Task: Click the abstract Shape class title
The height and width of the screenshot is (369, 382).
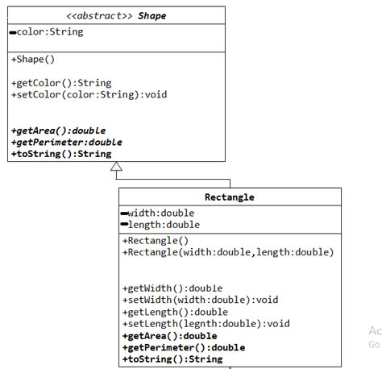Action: [116, 16]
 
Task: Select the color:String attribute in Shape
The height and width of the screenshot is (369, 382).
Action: [50, 32]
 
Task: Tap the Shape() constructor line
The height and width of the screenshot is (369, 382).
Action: [34, 60]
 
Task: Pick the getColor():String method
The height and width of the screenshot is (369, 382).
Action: [61, 82]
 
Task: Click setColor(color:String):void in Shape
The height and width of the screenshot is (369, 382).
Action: [89, 94]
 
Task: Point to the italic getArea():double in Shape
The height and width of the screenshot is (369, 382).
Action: [58, 130]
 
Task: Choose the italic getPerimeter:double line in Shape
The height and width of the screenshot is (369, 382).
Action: [66, 142]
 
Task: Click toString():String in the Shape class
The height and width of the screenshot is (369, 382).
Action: [61, 153]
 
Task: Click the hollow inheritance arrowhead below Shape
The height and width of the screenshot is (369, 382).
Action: [116, 168]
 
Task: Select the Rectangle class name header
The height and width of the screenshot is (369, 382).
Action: [230, 197]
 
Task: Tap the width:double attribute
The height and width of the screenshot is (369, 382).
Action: [161, 213]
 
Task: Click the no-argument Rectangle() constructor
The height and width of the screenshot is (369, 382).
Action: [155, 240]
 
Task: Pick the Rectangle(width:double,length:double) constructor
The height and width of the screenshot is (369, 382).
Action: [227, 252]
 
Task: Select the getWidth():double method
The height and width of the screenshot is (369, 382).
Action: [172, 288]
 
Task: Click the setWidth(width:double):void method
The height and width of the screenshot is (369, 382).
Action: [200, 300]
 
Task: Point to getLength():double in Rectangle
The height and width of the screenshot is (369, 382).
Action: [175, 312]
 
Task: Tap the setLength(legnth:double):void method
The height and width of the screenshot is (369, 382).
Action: [206, 324]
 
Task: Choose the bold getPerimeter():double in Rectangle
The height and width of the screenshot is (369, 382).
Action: [183, 347]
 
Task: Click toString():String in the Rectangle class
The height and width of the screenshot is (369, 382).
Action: [172, 359]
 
